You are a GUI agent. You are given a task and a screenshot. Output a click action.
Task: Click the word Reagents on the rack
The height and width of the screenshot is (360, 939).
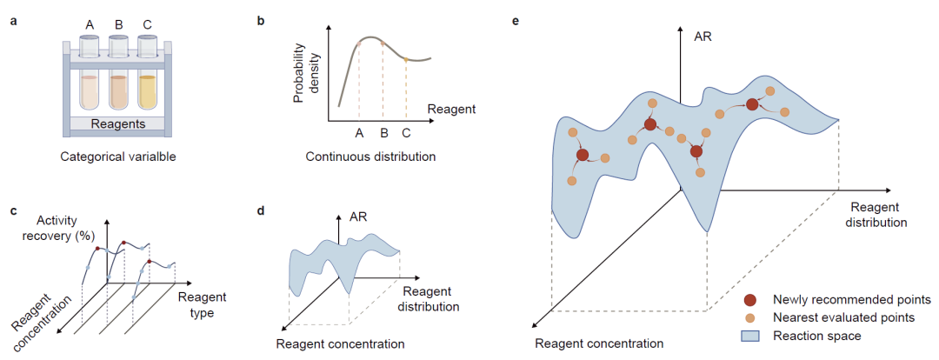pyautogui.click(x=117, y=124)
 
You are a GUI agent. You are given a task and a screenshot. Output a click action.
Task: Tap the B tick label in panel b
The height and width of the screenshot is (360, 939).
pyautogui.click(x=383, y=134)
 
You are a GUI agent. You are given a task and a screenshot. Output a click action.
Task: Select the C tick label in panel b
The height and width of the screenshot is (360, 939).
pyautogui.click(x=406, y=134)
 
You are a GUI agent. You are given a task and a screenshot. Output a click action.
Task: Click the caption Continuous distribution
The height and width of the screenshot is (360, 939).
pyautogui.click(x=370, y=157)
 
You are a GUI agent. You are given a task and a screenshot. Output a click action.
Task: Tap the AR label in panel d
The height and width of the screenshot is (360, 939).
pyautogui.click(x=356, y=217)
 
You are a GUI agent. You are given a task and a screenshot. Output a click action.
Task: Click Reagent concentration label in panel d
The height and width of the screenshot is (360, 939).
pyautogui.click(x=340, y=343)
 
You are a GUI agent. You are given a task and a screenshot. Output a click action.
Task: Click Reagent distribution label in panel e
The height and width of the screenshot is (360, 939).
pyautogui.click(x=879, y=215)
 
